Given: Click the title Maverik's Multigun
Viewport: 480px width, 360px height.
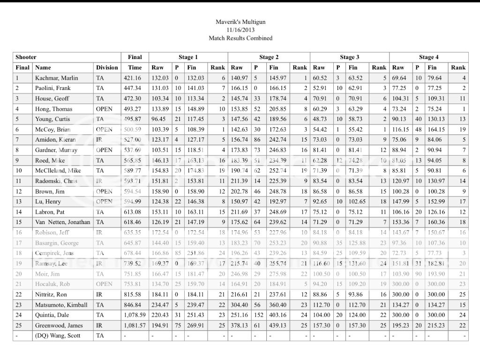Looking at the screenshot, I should (x=240, y=22).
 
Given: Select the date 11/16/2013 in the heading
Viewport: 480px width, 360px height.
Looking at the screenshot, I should (x=240, y=30).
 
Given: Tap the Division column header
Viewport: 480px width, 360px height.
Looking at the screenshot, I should (x=107, y=67).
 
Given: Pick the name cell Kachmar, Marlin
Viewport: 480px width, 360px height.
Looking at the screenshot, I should (x=57, y=78).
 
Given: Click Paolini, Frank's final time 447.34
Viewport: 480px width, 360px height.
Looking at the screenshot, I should (x=135, y=88).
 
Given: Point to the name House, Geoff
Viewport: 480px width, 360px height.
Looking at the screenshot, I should (x=52, y=98).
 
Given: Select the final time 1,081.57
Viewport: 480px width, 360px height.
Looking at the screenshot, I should (x=135, y=325).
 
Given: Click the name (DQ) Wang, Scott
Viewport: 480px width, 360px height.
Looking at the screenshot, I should (x=58, y=336).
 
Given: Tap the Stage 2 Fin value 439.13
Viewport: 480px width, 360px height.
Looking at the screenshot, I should (x=277, y=325).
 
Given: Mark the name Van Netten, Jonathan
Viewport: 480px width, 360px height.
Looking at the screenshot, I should (x=63, y=222).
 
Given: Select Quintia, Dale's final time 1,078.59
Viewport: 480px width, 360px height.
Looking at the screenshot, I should (x=135, y=315).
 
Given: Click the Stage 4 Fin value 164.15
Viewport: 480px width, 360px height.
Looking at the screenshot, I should (x=436, y=129).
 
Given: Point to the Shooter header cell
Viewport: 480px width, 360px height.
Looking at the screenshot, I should (x=26, y=57).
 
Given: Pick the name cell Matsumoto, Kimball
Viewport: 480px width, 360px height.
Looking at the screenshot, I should (x=61, y=305).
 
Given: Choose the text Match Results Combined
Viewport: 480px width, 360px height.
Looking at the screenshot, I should (x=240, y=38).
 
